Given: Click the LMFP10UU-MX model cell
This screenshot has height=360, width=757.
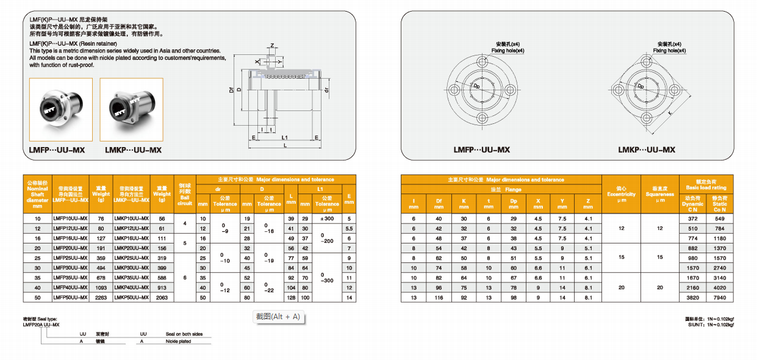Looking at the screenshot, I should (x=71, y=218).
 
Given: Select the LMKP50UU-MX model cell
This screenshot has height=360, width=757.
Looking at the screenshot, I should (x=131, y=297).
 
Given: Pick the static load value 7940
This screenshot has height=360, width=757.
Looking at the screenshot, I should (x=720, y=297).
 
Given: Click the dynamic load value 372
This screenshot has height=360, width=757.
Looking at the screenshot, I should (x=692, y=218).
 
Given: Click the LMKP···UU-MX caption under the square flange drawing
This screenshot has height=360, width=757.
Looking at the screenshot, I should (x=646, y=149).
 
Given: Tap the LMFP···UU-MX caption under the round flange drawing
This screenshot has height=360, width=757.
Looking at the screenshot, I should (x=482, y=149).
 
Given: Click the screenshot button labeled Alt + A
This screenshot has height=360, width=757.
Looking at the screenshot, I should (x=278, y=317).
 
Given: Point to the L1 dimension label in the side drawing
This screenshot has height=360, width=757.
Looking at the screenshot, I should (x=284, y=138).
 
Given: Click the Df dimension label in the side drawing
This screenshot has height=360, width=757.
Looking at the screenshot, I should (x=231, y=90).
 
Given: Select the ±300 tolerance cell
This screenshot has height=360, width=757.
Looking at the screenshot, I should (x=327, y=218).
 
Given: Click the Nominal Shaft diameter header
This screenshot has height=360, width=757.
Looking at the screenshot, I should (x=38, y=194).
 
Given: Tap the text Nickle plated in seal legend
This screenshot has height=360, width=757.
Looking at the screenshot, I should (x=178, y=342).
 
